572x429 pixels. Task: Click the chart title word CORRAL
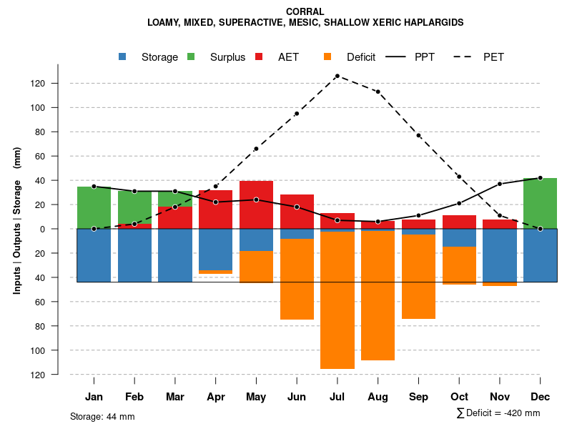(x=305, y=11)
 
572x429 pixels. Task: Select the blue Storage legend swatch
(x=123, y=56)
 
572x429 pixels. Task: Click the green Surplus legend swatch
(x=192, y=56)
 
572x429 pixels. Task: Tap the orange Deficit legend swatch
(x=327, y=56)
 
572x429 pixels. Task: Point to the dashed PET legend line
(x=465, y=56)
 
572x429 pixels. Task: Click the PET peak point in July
(x=337, y=76)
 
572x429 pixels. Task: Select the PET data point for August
(x=378, y=92)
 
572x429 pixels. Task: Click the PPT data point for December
(x=540, y=178)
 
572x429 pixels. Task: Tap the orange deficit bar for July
(x=337, y=300)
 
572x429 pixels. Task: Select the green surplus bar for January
(x=94, y=208)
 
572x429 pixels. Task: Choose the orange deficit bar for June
(x=297, y=279)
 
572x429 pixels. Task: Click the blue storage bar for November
(x=500, y=255)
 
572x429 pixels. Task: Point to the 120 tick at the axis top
(x=38, y=84)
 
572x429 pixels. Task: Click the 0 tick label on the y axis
(x=43, y=229)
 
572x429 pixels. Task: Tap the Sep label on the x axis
(x=418, y=397)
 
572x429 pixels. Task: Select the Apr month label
(x=216, y=397)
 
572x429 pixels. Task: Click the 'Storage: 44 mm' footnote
(x=102, y=416)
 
